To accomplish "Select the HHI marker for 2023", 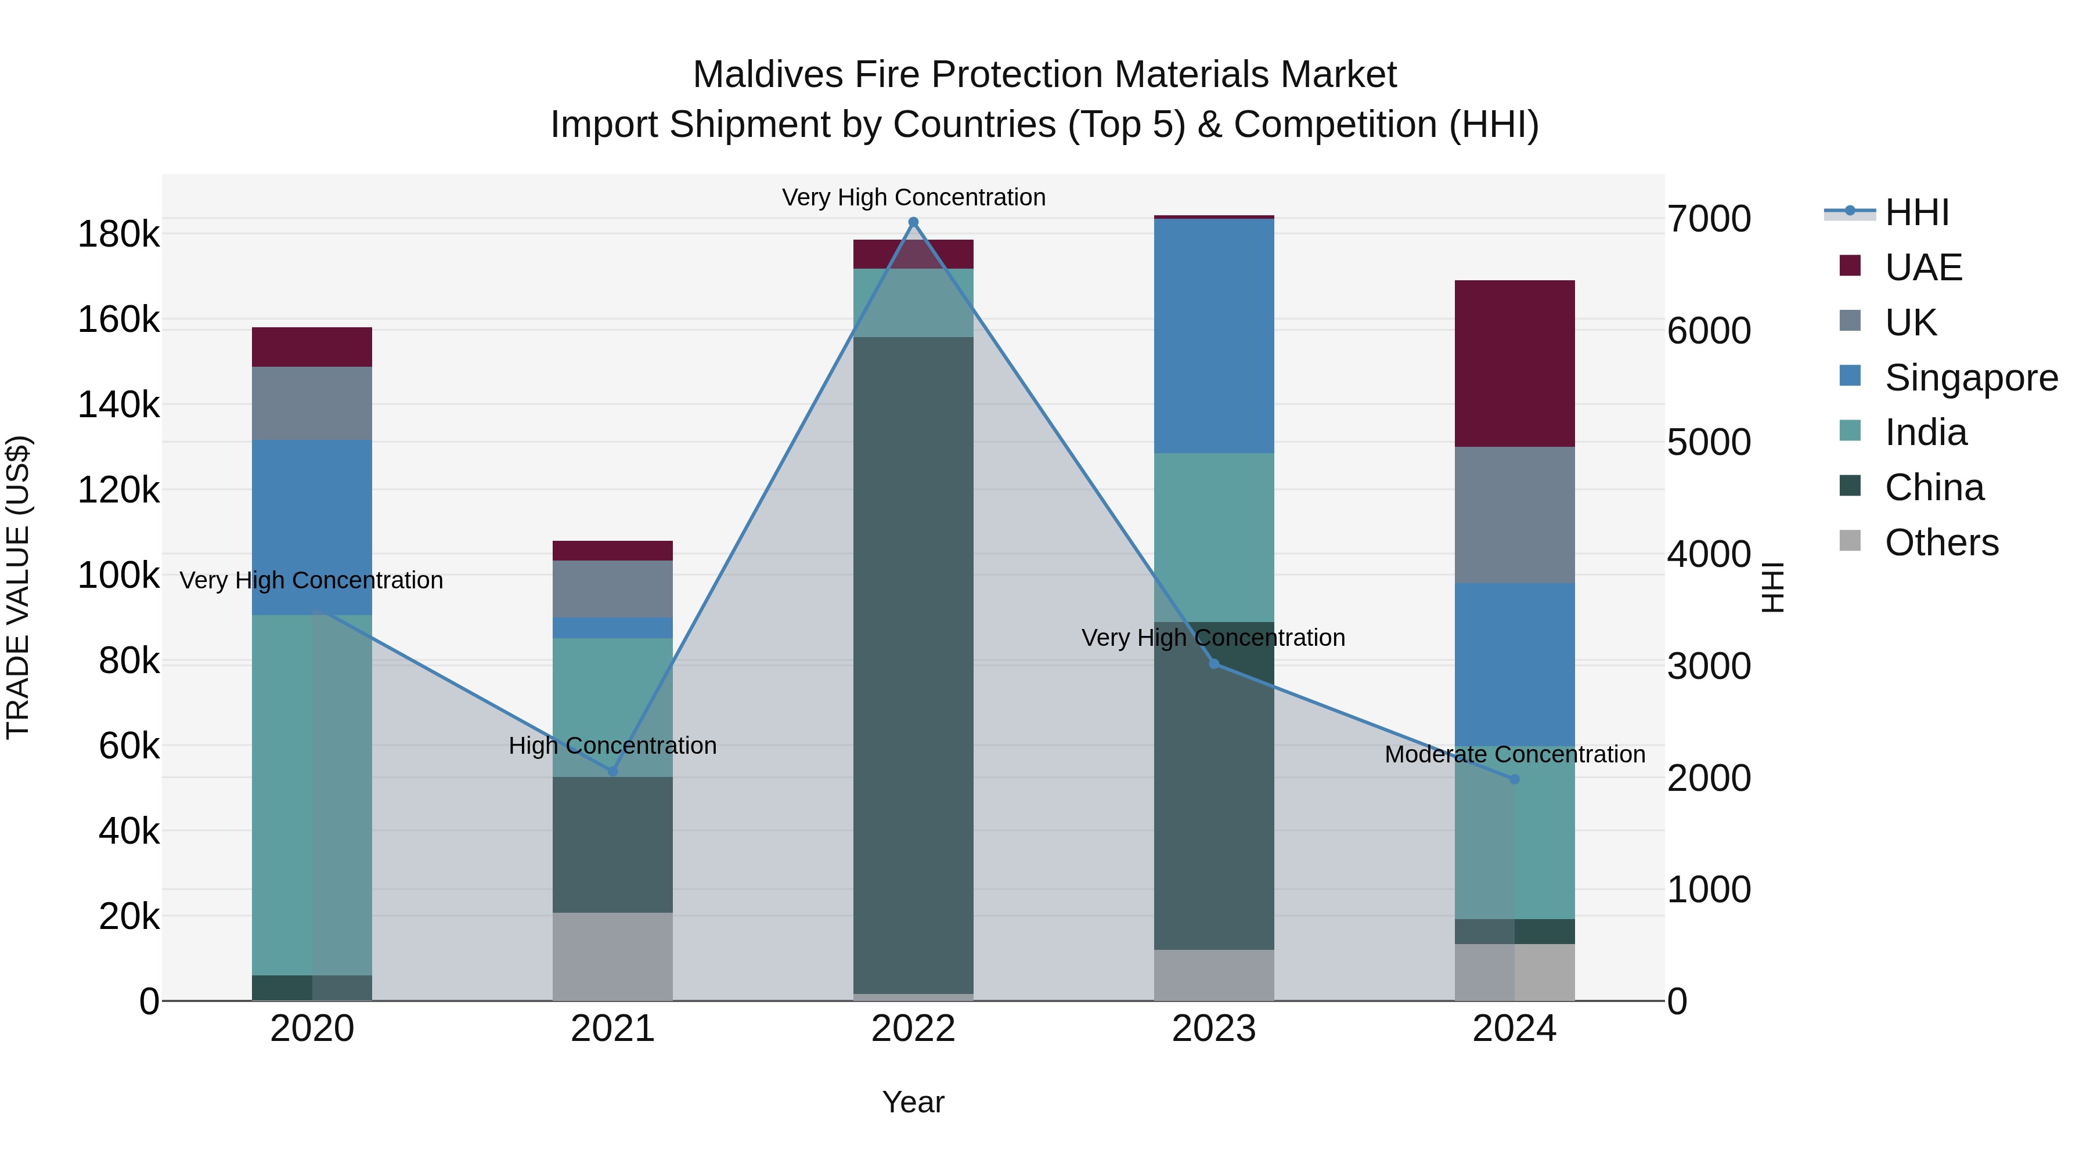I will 1214,664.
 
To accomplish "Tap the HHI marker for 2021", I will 612,771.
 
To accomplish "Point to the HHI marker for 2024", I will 1514,779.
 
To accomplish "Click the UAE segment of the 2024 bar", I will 1514,363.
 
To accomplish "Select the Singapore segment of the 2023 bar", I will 1214,336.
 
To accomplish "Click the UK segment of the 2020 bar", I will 312,403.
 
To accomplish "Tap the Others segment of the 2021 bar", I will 612,956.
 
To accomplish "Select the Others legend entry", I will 1941,543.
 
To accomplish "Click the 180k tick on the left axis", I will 118,234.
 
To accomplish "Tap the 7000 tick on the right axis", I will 1709,219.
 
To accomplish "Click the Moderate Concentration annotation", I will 1514,754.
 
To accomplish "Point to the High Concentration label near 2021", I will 612,745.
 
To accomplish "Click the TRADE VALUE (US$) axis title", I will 18,587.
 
